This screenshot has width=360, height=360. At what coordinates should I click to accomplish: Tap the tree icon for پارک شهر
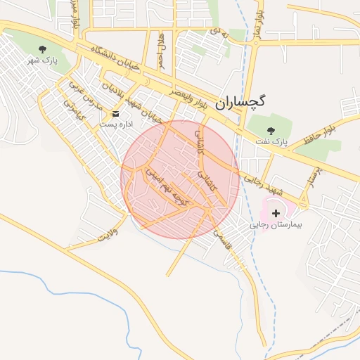[44, 50]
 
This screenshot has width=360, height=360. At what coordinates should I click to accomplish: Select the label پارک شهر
[41, 61]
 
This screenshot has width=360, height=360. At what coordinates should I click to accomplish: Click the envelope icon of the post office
[116, 113]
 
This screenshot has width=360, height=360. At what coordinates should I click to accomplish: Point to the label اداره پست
[116, 124]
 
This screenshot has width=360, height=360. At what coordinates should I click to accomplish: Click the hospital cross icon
[275, 212]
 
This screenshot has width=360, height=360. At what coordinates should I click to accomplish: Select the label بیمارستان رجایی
[275, 226]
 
